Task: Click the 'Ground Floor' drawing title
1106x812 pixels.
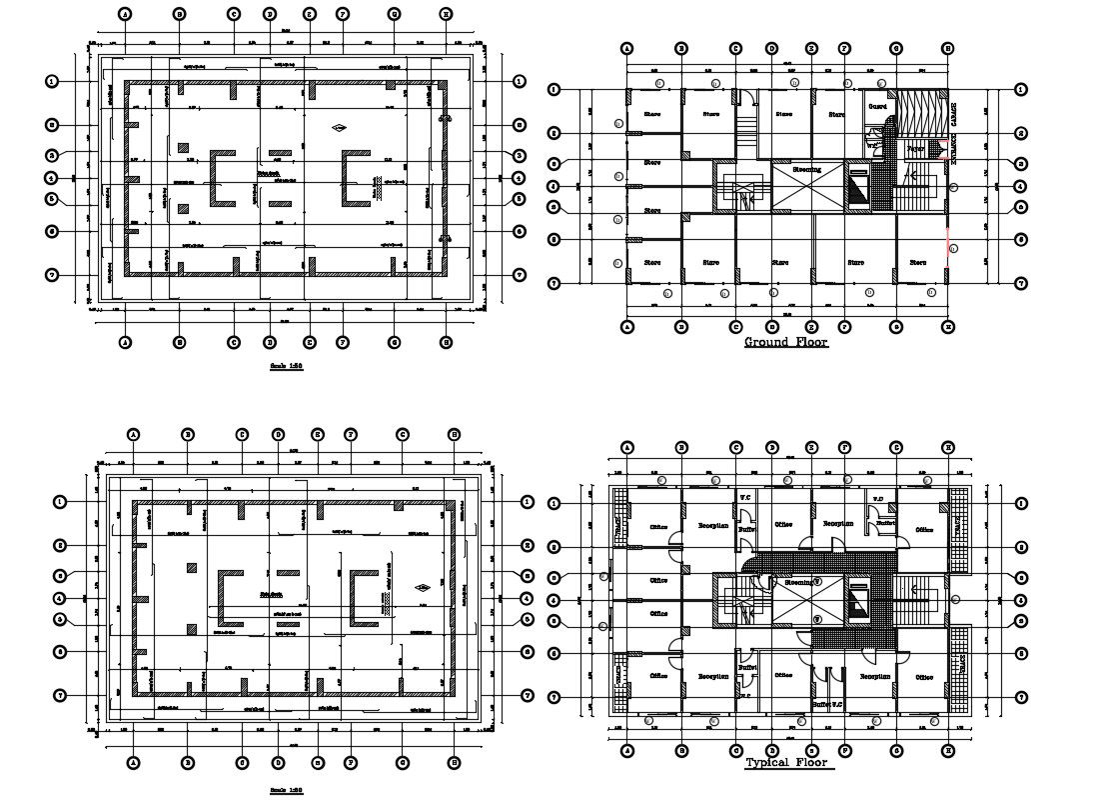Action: (786, 343)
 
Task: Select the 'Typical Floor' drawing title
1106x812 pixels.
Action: (786, 764)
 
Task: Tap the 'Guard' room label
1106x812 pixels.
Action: (877, 106)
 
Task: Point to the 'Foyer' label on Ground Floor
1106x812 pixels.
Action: (914, 149)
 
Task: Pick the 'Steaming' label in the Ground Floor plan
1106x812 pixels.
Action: (806, 170)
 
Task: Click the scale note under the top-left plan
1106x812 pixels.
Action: (286, 367)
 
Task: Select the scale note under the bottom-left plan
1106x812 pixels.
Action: (286, 790)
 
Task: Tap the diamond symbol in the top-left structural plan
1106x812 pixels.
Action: (340, 127)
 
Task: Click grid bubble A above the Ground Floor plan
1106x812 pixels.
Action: (626, 48)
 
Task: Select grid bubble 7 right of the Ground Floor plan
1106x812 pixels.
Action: (1021, 283)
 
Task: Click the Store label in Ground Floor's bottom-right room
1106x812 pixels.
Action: (918, 263)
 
